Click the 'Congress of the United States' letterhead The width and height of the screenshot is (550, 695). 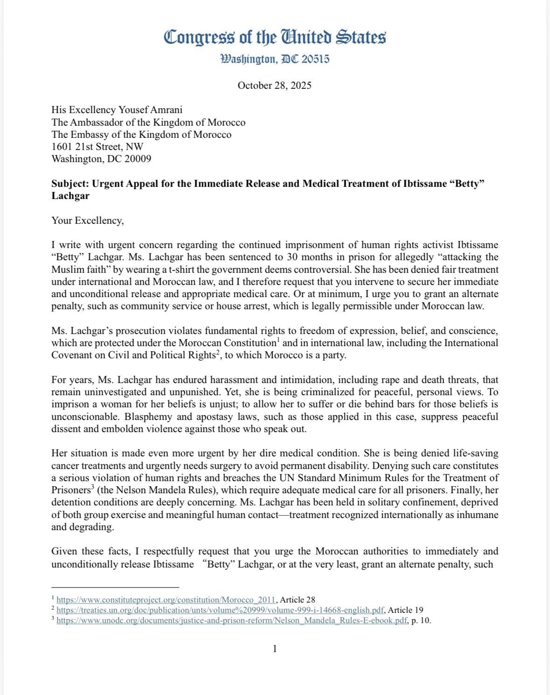(x=275, y=37)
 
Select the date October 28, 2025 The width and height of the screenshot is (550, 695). (x=274, y=85)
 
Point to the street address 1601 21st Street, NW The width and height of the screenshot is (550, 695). (x=97, y=146)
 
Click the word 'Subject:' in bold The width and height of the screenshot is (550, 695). (x=70, y=184)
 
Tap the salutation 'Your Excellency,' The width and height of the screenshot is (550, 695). (x=88, y=220)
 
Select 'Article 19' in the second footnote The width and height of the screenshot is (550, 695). (x=406, y=610)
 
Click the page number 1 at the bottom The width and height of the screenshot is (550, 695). (x=275, y=649)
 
